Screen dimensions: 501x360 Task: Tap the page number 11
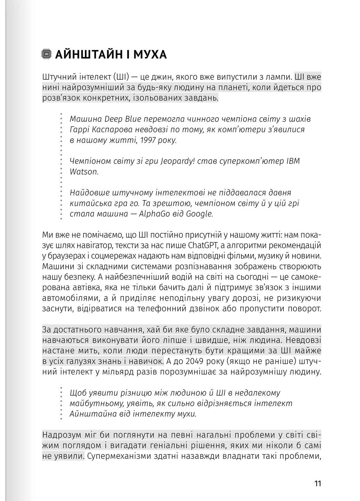tap(317, 483)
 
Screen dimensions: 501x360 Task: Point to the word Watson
tap(84, 172)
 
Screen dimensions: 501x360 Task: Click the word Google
tap(199, 214)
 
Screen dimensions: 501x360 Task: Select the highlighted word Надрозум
tap(61, 435)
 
